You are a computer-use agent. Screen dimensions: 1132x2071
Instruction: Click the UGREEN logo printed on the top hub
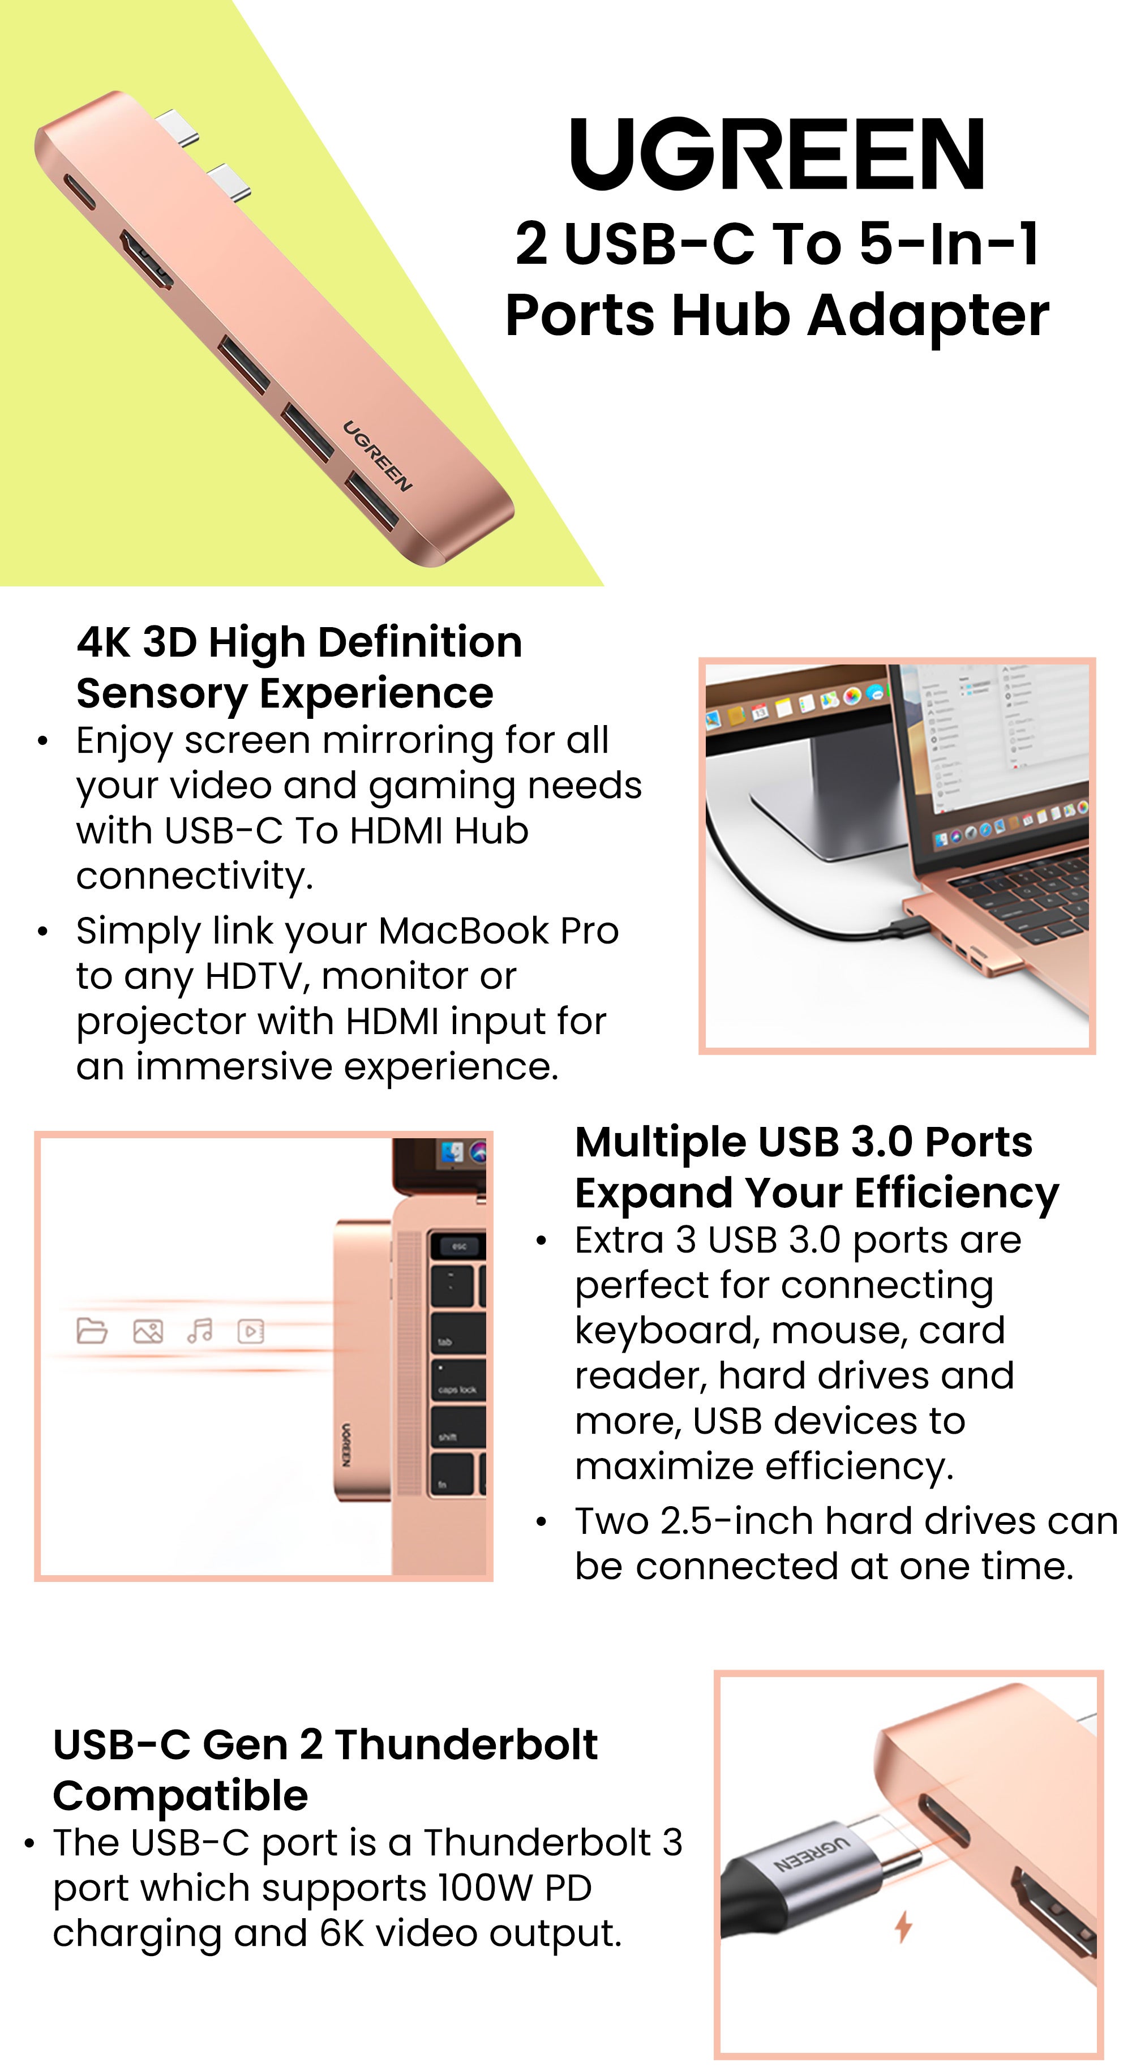point(377,456)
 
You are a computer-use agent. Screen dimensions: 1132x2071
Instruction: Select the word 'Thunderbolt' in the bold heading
point(466,1744)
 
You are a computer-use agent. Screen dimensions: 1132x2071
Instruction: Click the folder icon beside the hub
point(92,1331)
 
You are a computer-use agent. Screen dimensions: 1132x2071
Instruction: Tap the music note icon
point(199,1331)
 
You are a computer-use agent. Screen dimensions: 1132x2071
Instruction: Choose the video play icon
point(251,1331)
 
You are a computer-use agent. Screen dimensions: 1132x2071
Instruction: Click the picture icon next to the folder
point(148,1331)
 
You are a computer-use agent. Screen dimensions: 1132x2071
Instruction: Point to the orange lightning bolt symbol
point(904,1926)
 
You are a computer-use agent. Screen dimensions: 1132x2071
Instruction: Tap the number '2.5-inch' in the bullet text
point(736,1521)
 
